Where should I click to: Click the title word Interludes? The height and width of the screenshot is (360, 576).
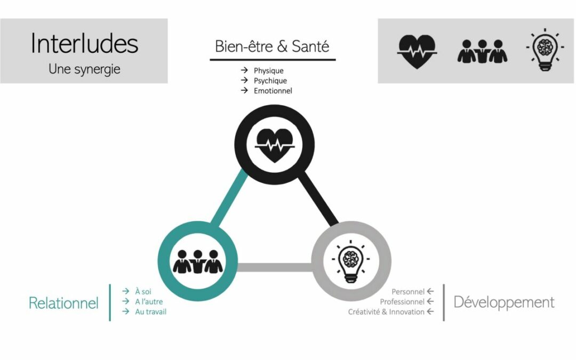[x=84, y=43]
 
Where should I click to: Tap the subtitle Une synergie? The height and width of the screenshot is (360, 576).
[x=84, y=69]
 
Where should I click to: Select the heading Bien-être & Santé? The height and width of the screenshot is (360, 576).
[x=272, y=46]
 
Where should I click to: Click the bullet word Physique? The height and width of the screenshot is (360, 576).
[x=268, y=70]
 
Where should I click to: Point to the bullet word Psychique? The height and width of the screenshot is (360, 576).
[x=270, y=81]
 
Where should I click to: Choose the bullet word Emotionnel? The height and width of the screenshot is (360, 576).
[x=273, y=91]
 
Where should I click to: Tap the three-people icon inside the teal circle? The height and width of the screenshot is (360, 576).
[x=197, y=261]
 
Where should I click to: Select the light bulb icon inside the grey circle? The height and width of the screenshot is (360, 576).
[x=350, y=261]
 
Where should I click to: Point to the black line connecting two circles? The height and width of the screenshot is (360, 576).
[x=318, y=199]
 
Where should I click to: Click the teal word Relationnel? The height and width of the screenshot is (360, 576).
[x=63, y=303]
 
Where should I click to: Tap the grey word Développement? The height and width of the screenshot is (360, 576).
[x=503, y=302]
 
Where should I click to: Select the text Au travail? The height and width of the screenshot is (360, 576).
[x=151, y=311]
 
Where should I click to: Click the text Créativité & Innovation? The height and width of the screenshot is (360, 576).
[x=386, y=312]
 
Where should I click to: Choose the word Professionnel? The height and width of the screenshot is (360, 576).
[x=402, y=302]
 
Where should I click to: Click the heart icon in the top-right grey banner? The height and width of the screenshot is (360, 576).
[x=417, y=52]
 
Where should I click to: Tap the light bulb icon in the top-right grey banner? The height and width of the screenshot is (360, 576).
[x=545, y=51]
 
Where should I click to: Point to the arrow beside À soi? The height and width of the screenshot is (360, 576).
[x=126, y=291]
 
